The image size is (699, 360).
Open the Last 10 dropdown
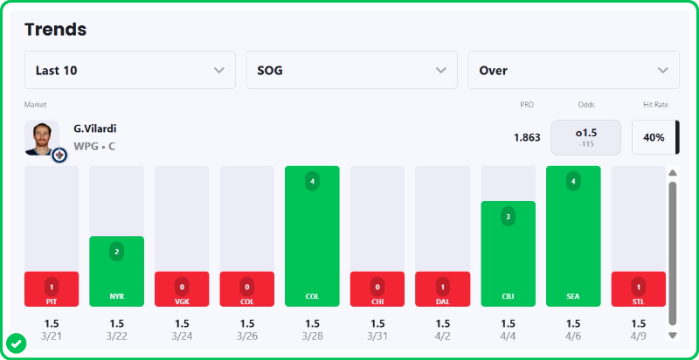pos(130,70)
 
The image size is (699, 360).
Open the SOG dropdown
pos(352,70)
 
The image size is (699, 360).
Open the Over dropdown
pos(573,70)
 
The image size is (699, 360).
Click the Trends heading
pos(55,29)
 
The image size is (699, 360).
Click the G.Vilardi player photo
pos(42,138)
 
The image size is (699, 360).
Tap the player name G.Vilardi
pos(95,128)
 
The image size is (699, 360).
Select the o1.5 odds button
pos(586,137)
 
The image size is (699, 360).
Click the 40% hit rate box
pos(654,137)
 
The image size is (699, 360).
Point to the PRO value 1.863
pos(526,137)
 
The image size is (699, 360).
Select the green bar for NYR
pos(117,271)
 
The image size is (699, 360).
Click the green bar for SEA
pos(573,236)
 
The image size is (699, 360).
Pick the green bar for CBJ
pos(509,253)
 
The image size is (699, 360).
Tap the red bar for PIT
pos(52,288)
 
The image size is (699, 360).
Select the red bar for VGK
pos(182,288)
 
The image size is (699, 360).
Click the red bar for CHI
pos(377,288)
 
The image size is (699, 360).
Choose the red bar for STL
pos(638,288)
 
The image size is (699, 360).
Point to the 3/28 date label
pos(312,336)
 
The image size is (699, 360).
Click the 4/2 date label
pos(442,336)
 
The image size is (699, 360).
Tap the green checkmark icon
pos(16,343)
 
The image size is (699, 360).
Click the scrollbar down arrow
pos(672,335)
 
